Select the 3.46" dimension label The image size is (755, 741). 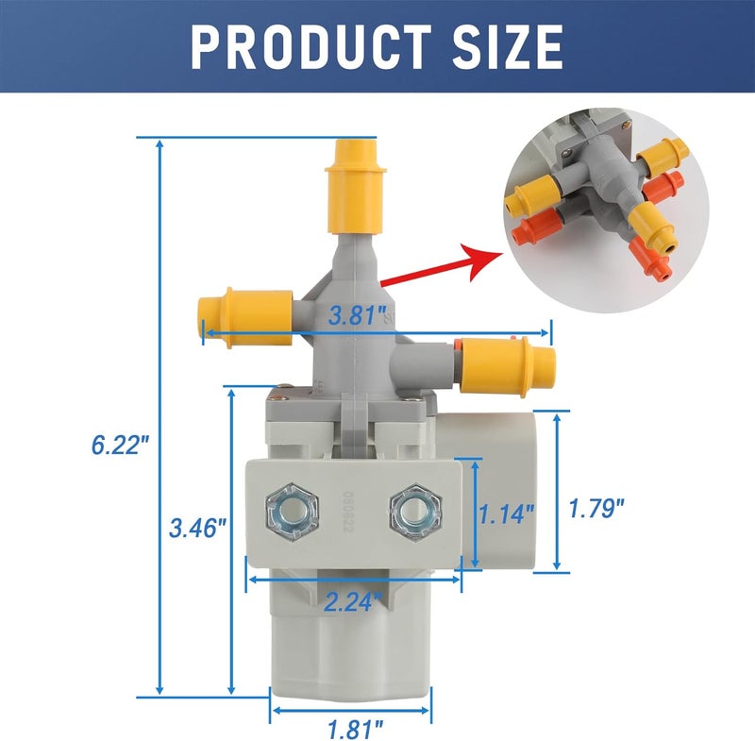pos(197,527)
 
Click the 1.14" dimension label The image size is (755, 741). pos(507,514)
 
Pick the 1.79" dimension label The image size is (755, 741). pos(596,509)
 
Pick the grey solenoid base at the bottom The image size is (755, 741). pos(349,651)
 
